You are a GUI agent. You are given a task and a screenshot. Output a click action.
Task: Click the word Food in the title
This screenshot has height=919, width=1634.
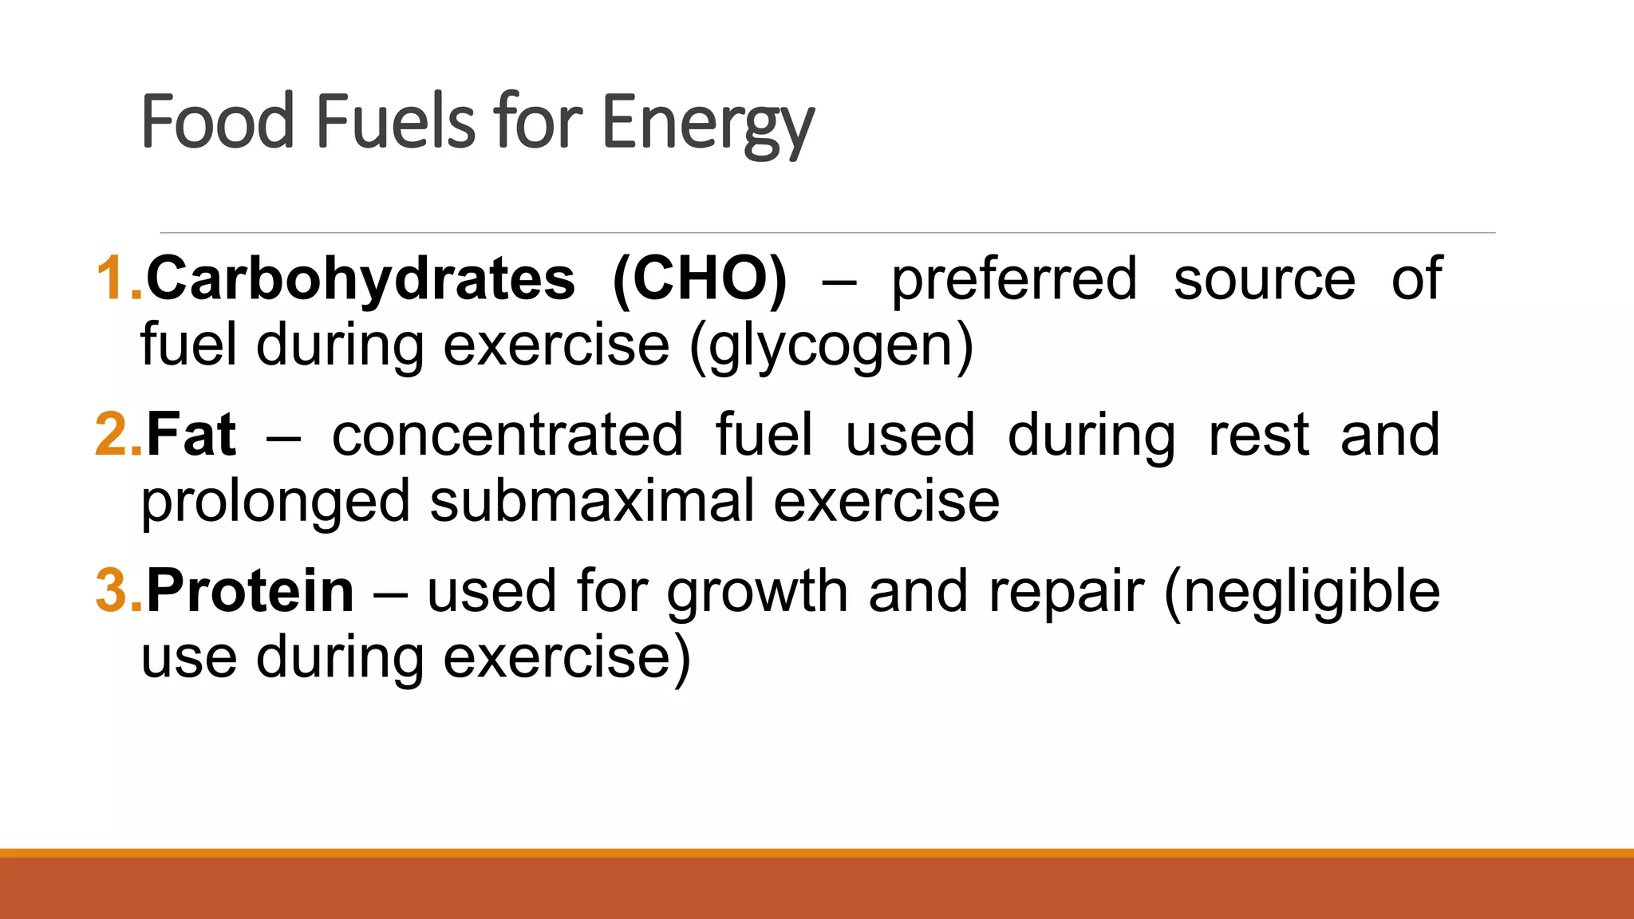(x=218, y=121)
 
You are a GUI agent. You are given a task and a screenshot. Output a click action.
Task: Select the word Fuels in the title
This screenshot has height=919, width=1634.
(x=397, y=121)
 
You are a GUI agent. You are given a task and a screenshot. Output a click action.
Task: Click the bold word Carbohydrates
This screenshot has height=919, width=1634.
(x=361, y=278)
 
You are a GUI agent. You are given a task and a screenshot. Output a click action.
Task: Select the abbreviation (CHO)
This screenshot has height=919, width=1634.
(x=700, y=278)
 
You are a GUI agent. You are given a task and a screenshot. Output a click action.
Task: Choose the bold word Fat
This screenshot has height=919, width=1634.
(x=191, y=435)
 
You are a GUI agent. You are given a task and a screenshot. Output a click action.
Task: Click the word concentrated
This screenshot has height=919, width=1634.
(x=507, y=436)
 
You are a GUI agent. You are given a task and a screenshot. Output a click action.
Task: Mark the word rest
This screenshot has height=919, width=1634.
(x=1258, y=436)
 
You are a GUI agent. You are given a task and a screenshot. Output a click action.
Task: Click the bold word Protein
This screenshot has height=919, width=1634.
(x=250, y=591)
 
